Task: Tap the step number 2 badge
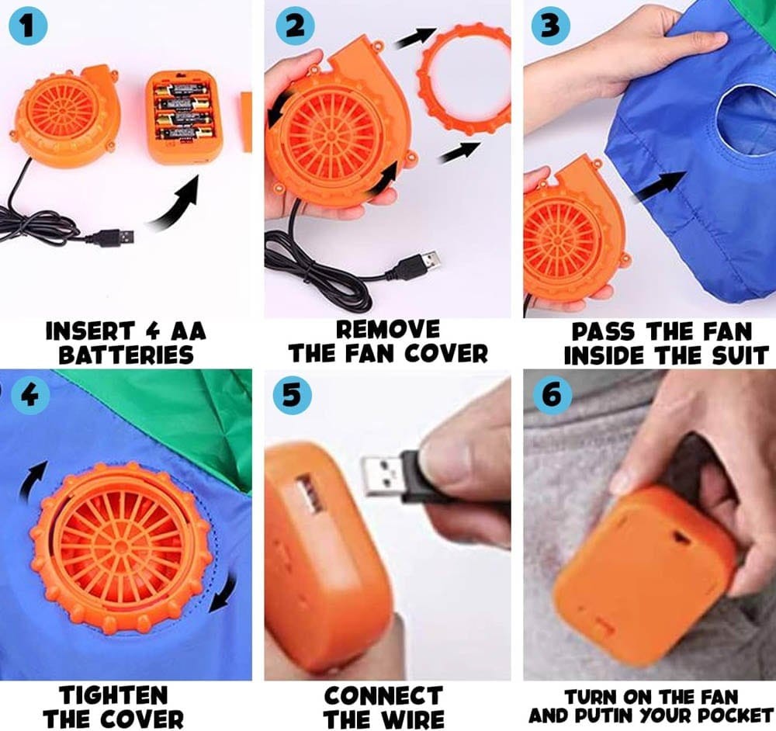pyautogui.click(x=294, y=26)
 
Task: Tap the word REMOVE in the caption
pyautogui.click(x=388, y=329)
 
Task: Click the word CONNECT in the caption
pyautogui.click(x=383, y=694)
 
